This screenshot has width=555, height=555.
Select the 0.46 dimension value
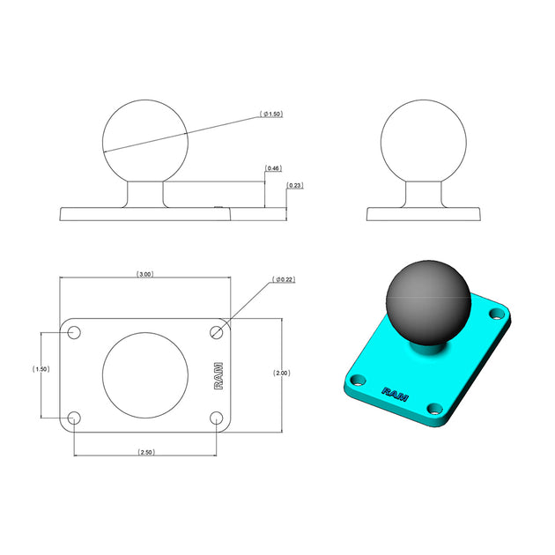pos(273,168)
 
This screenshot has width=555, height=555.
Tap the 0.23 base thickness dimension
pos(295,186)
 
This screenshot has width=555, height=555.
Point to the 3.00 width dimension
pos(145,275)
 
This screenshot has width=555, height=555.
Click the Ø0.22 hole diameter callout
pos(284,279)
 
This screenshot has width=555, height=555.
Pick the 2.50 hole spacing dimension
pos(146,452)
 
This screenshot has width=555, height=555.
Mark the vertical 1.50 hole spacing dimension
pos(40,369)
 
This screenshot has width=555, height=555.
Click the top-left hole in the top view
pos(74,332)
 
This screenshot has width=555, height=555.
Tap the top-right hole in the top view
pos(218,332)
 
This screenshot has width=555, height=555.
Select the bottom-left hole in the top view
pos(74,417)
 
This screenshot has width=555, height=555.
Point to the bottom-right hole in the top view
pos(218,417)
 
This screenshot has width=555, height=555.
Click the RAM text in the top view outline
pos(218,375)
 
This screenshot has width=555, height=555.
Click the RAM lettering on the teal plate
pos(395,393)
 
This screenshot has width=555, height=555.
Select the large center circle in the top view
pos(145,374)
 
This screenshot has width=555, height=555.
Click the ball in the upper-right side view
pos(424,140)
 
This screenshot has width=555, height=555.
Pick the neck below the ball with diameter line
pos(145,195)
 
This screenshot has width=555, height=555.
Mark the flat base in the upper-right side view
pos(424,214)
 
